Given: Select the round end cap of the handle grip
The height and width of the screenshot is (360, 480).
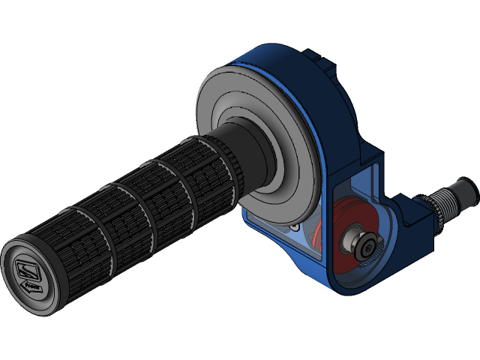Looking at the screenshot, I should (30, 273).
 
